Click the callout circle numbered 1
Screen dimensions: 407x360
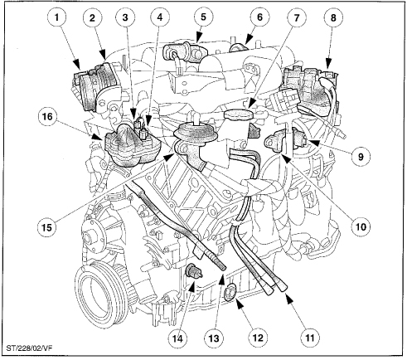click(x=57, y=17)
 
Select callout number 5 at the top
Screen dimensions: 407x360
click(x=203, y=17)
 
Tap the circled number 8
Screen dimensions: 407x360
click(x=333, y=18)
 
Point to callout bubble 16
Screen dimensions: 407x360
click(x=47, y=116)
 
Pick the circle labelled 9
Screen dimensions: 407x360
click(x=361, y=157)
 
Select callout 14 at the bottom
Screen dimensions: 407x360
click(x=178, y=338)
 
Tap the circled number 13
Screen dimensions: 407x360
click(x=214, y=338)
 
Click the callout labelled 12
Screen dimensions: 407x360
click(x=258, y=338)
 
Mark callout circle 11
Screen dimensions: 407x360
click(x=310, y=338)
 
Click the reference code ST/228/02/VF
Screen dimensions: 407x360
click(x=29, y=348)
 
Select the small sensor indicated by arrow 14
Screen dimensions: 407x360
click(x=193, y=271)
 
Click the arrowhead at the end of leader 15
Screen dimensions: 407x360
click(x=168, y=157)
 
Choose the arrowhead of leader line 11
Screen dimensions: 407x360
click(x=288, y=299)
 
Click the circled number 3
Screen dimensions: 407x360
click(x=125, y=17)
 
